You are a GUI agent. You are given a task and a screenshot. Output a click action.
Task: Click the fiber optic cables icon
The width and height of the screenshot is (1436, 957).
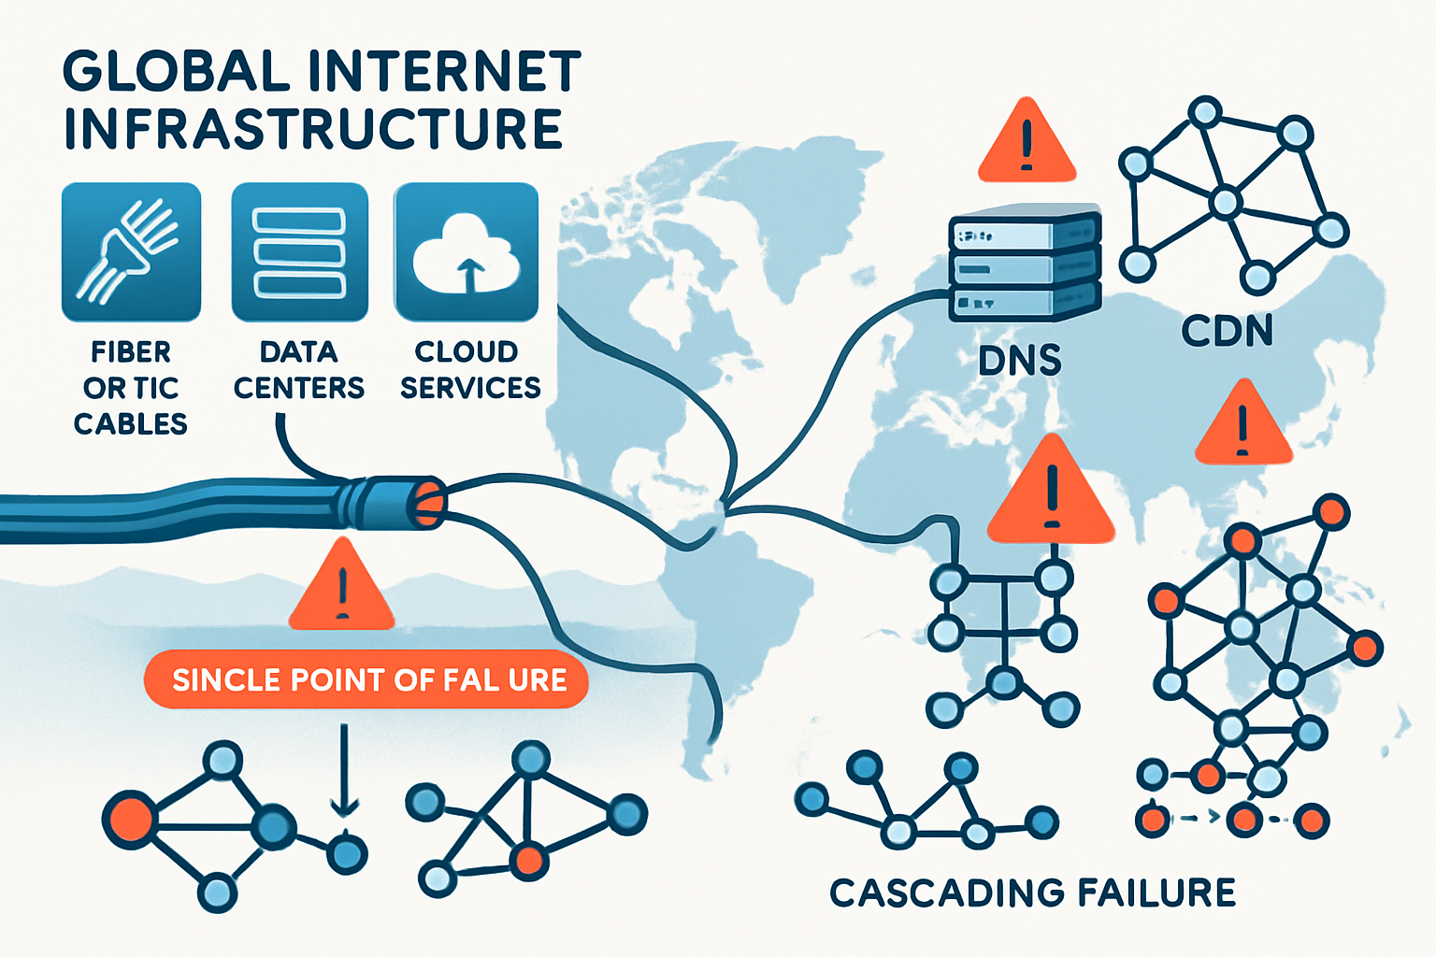[131, 252]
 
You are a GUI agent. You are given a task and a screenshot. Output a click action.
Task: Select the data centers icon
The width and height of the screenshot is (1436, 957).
[299, 252]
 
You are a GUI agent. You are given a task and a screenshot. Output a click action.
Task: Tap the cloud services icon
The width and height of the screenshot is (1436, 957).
[466, 252]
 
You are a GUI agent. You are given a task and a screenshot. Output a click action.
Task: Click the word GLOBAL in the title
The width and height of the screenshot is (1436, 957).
[176, 72]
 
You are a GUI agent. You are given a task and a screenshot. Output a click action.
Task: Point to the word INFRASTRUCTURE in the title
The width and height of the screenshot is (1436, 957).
[313, 129]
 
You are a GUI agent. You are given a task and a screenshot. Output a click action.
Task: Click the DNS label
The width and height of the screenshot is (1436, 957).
[1019, 361]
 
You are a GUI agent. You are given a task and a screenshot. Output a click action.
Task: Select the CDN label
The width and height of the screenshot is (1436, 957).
[1227, 331]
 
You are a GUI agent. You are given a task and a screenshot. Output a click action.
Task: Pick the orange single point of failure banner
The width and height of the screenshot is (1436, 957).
[366, 679]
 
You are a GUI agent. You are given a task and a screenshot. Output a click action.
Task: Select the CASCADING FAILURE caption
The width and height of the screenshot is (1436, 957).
[1032, 893]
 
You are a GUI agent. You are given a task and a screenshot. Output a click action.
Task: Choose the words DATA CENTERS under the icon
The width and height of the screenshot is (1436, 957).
[299, 369]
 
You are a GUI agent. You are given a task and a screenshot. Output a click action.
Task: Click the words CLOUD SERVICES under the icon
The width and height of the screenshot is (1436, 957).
[469, 369]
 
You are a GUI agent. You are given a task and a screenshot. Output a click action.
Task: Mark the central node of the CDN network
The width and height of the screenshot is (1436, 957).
[1225, 201]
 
